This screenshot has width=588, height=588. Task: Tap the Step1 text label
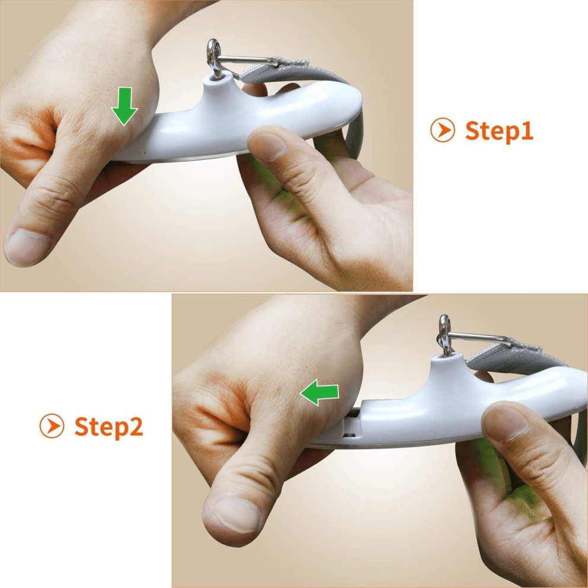498,130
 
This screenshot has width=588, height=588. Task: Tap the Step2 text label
108,426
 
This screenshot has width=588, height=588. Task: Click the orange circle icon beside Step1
442,130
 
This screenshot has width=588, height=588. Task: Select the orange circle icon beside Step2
52,426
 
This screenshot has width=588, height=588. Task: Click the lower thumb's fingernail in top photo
27,247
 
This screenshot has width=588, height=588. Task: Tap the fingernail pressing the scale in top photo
270,145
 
